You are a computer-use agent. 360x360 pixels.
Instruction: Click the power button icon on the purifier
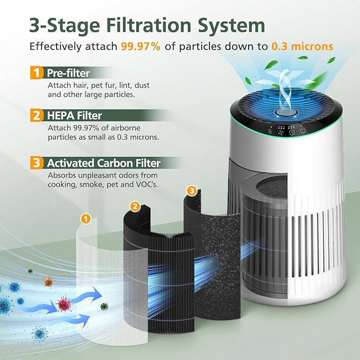[x=302, y=131]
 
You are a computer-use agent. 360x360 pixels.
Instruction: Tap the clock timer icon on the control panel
[x=291, y=132]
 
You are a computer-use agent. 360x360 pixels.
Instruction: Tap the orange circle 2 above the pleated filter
[x=135, y=205]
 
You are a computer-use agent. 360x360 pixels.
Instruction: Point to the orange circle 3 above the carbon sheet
[x=192, y=190]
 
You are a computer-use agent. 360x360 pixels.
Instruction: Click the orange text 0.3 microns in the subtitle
[x=302, y=46]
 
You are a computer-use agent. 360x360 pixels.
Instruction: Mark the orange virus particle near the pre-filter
[x=48, y=282]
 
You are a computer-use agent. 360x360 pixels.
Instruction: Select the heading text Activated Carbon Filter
[x=103, y=163]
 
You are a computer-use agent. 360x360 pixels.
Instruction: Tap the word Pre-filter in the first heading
[x=69, y=73]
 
